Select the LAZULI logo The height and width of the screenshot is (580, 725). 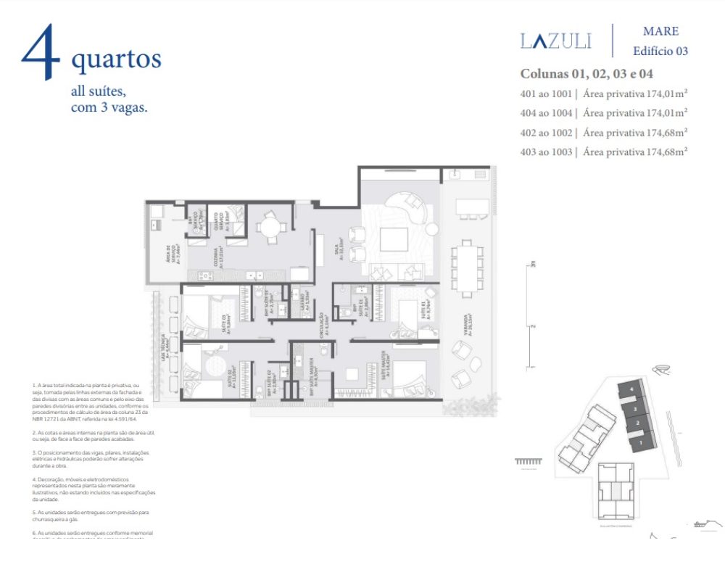(x=556, y=41)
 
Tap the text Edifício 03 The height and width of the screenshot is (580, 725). (x=660, y=51)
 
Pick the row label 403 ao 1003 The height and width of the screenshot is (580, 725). (x=546, y=152)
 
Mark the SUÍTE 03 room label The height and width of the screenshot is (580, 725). (x=227, y=320)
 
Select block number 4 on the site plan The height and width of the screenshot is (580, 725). (x=632, y=390)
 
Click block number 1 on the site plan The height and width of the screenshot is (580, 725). (x=640, y=440)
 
